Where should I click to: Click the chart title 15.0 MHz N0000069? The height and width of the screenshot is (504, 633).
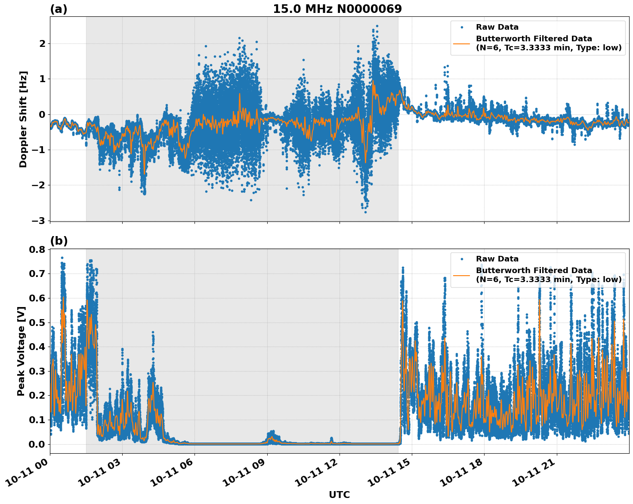point(337,9)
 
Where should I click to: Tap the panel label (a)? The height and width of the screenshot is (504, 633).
point(59,9)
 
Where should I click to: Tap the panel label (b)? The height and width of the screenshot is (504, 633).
point(59,241)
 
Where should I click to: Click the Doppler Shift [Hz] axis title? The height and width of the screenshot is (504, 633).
point(23,119)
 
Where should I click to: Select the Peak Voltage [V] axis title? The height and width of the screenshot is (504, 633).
point(21,351)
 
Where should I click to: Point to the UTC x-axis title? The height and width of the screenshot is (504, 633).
point(339,495)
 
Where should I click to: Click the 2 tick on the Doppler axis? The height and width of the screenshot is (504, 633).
point(42,43)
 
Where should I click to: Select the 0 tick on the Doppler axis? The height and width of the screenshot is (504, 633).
point(42,114)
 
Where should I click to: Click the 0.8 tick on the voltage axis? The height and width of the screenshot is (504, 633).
point(37,249)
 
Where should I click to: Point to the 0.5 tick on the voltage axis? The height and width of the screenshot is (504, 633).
point(37,323)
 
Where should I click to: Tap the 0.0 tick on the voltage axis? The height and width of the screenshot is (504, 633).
point(37,444)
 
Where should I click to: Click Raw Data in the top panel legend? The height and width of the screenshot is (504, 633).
point(497,27)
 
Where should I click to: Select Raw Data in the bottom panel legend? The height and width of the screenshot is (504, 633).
point(497,259)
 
